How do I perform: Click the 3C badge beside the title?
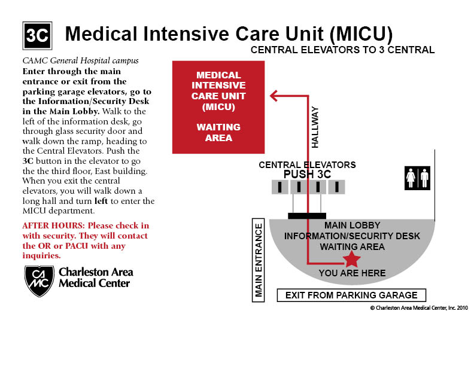[x=37, y=35]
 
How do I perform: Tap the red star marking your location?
[x=351, y=259]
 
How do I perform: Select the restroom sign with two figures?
[x=417, y=178]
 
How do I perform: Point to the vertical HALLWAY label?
[x=315, y=127]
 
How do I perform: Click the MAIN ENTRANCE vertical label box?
[x=259, y=260]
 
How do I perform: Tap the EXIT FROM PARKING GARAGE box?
[x=351, y=295]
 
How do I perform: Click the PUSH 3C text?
[x=307, y=174]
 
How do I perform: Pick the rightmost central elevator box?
[x=337, y=187]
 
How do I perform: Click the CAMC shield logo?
[x=39, y=280]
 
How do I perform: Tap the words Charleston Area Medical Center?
[x=96, y=277]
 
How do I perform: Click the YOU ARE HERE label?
[x=352, y=273]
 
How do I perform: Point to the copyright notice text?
[x=419, y=308]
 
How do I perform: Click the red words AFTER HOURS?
[x=50, y=226]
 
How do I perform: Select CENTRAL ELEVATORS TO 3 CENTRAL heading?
[x=342, y=50]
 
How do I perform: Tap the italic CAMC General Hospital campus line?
[x=80, y=60]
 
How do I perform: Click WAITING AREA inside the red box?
[x=218, y=132]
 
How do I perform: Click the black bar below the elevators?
[x=307, y=215]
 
